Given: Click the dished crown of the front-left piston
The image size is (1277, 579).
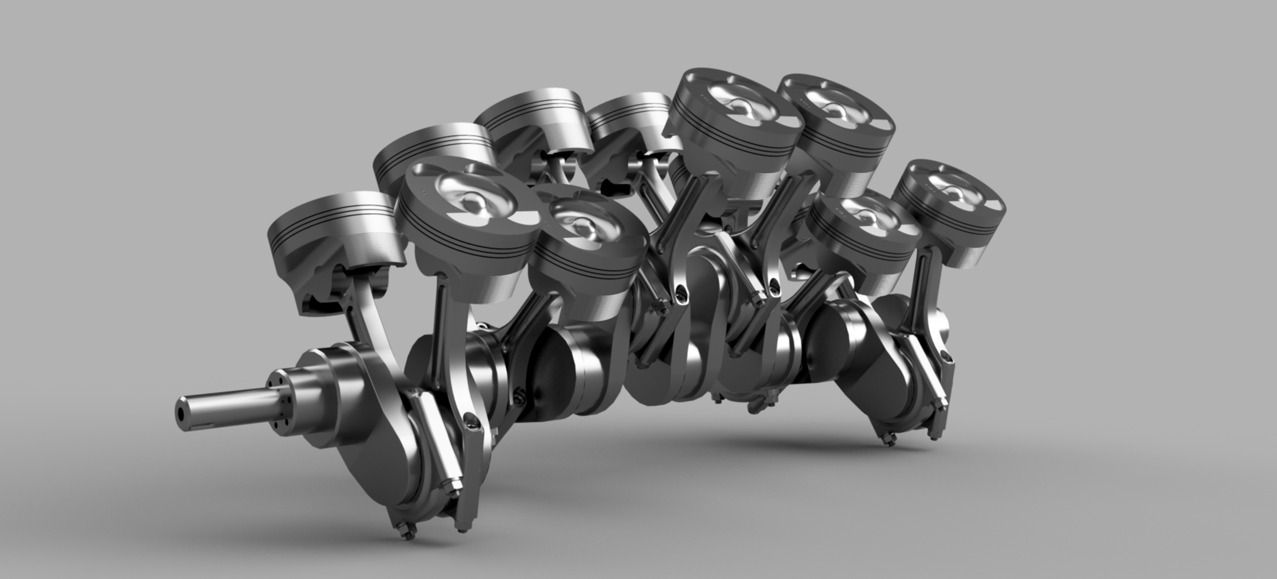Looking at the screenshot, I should click(464, 197).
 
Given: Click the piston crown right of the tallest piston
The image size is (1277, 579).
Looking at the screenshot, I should click(838, 108).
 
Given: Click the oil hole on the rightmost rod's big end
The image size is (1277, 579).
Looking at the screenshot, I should click(947, 358).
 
